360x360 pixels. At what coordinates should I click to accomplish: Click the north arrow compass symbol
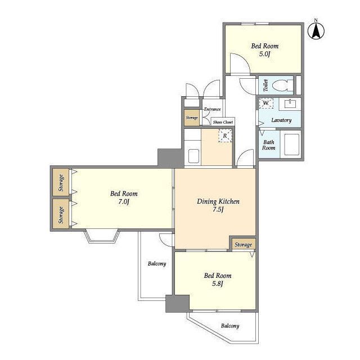point(316,30)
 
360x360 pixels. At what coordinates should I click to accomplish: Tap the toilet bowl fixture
point(282,85)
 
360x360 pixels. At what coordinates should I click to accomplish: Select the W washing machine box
point(266,103)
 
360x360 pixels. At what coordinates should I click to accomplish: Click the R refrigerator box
point(225,136)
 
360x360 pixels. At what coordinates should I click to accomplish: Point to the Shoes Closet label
point(223,123)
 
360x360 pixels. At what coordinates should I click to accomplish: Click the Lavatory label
point(281,120)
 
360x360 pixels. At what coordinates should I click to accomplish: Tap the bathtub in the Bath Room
point(291,145)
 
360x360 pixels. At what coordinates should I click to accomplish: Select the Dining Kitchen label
point(218,201)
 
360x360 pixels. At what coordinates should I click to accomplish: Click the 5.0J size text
point(264,54)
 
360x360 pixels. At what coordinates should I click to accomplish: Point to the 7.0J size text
point(124,202)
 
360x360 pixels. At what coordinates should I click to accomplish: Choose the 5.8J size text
point(217,283)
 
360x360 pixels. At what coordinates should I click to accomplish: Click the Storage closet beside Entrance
point(192,118)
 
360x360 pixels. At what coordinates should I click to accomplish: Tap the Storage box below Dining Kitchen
point(244,245)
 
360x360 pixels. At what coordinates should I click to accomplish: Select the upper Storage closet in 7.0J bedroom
point(61,182)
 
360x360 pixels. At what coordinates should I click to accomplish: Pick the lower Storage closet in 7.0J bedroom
point(61,214)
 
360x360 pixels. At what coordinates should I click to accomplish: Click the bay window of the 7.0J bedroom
point(102,236)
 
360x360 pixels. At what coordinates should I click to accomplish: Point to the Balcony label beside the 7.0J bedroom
point(157,264)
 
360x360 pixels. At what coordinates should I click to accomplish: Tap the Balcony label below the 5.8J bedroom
point(230,326)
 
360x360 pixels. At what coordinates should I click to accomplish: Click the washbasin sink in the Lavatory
point(290,103)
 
